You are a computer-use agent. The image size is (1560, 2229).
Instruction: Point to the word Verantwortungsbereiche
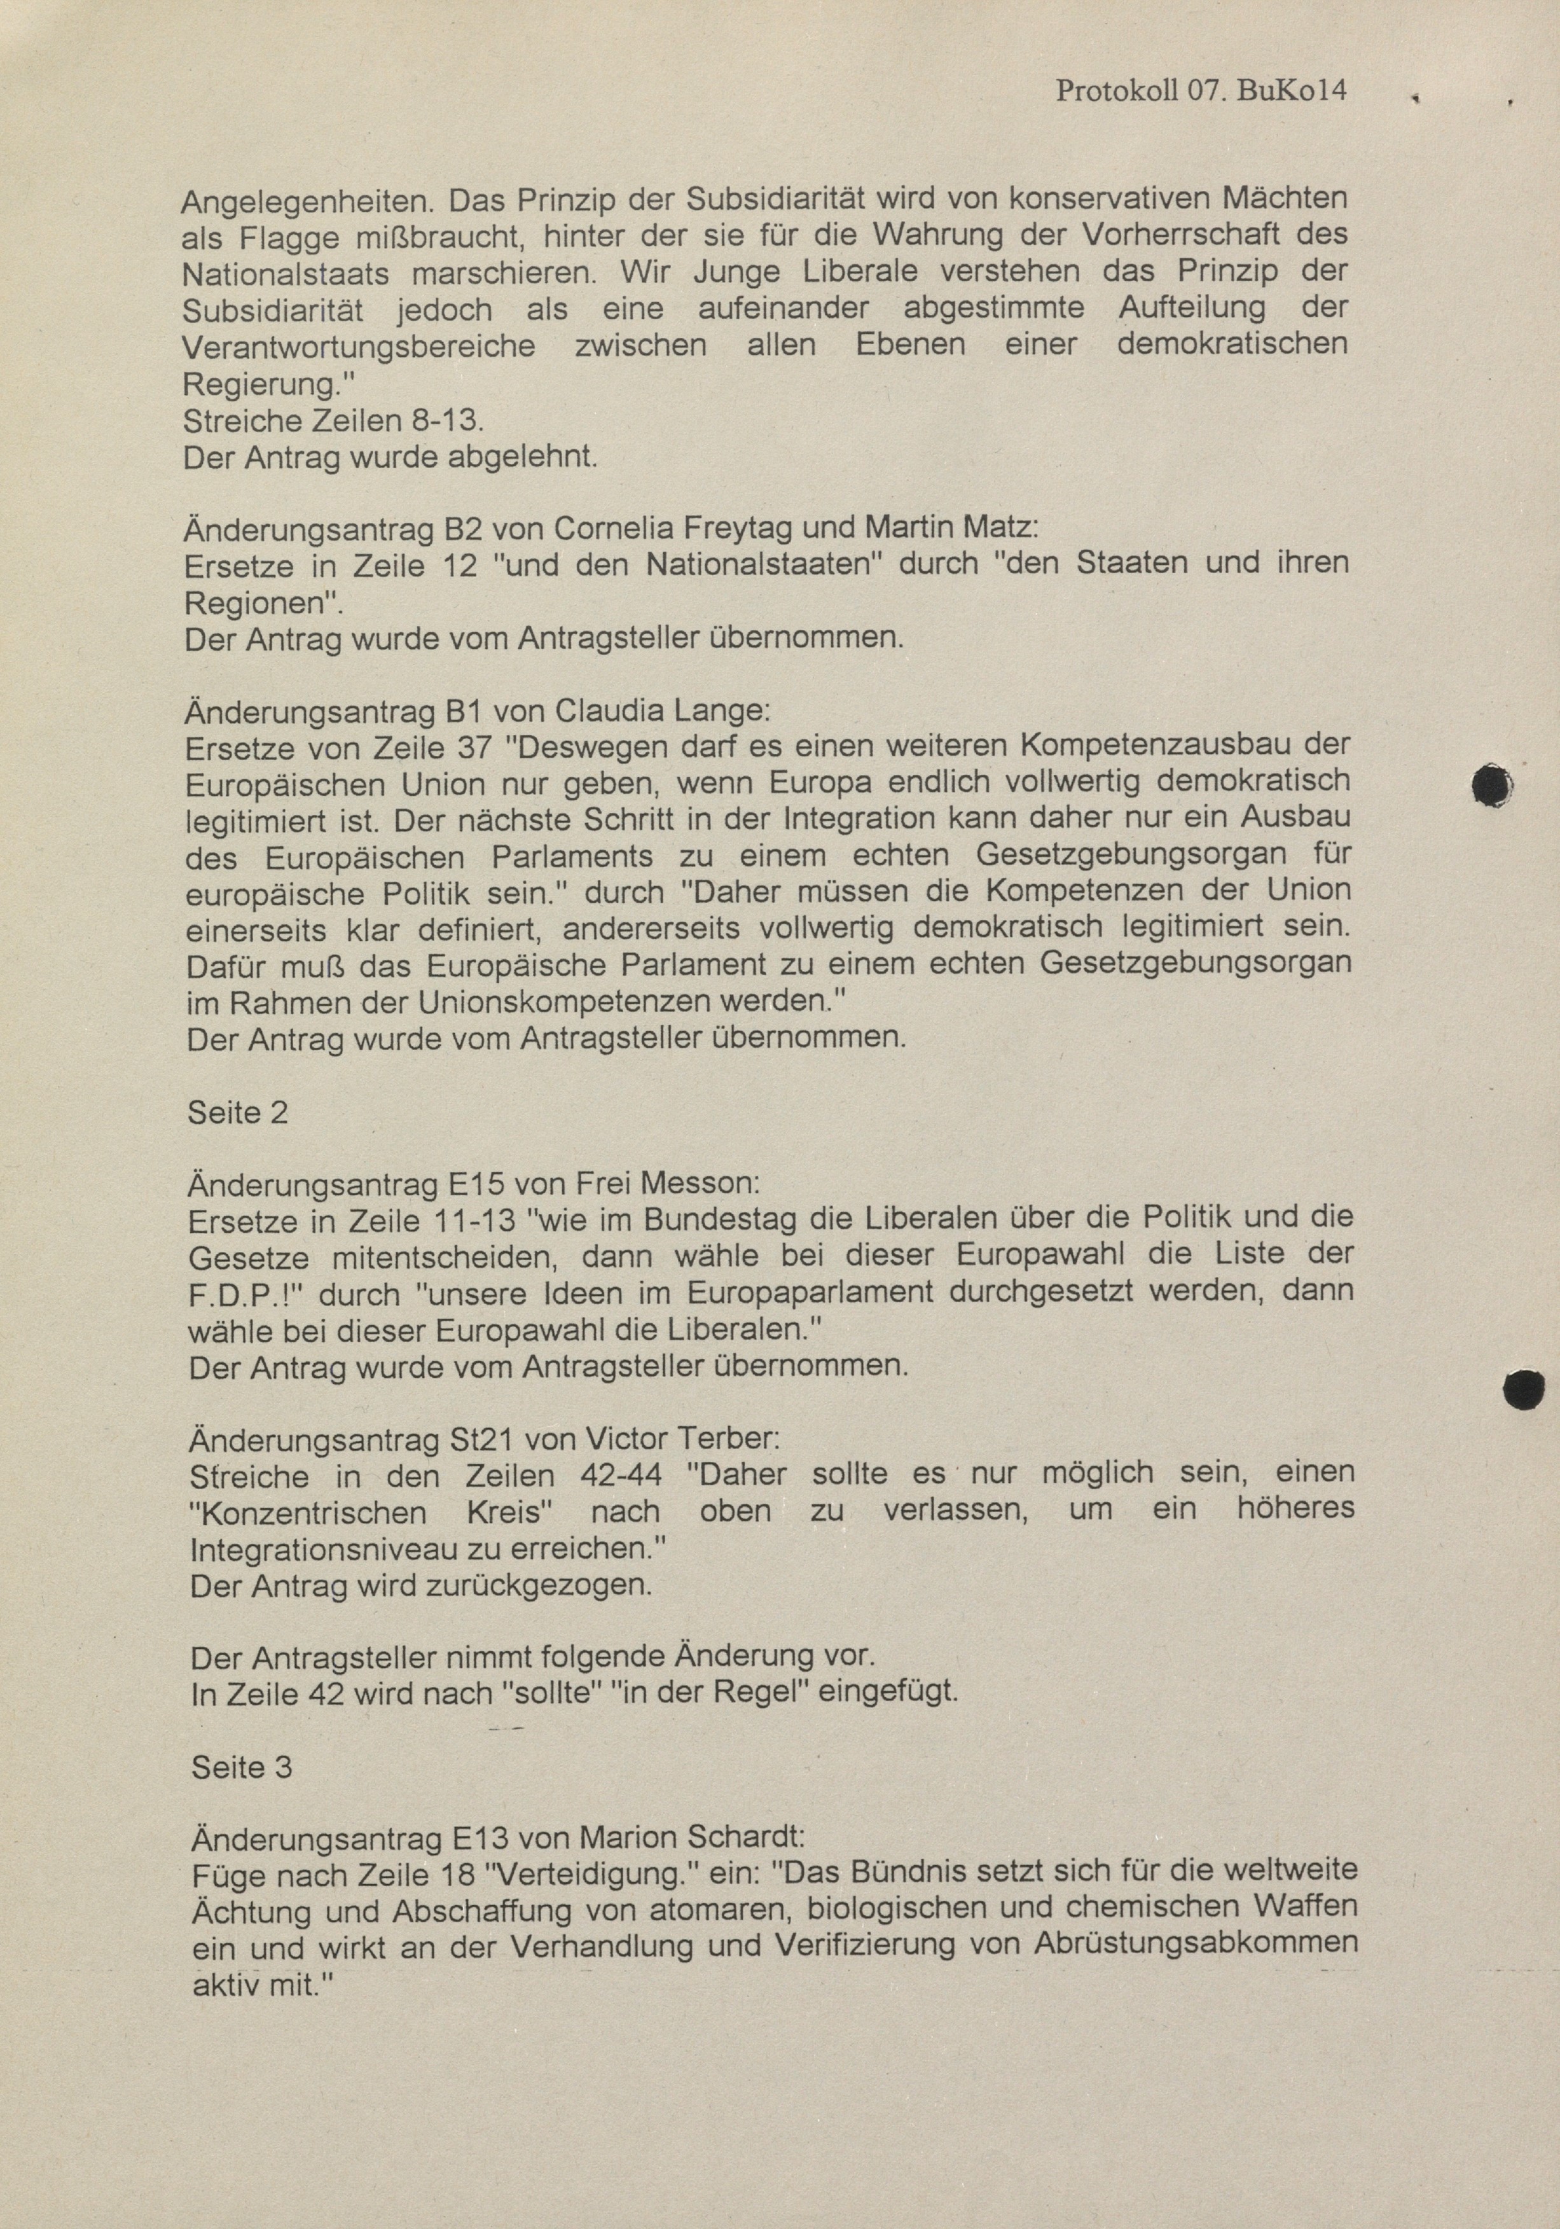pyautogui.click(x=359, y=347)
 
